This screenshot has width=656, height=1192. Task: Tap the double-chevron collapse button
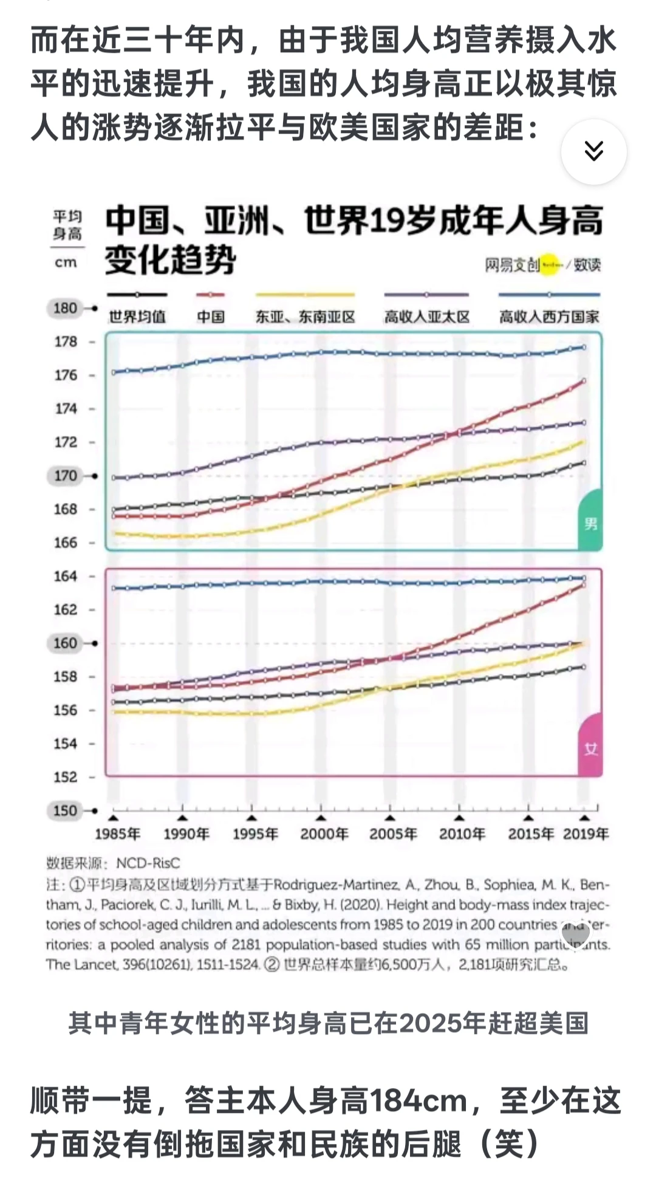pyautogui.click(x=593, y=151)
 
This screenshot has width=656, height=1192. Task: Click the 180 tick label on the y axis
pyautogui.click(x=65, y=308)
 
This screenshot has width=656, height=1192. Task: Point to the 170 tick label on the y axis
pyautogui.click(x=65, y=476)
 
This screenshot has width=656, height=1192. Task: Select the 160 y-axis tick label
pyautogui.click(x=65, y=643)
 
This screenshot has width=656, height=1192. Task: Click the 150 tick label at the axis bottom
pyautogui.click(x=65, y=810)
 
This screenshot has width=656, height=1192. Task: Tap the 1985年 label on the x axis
pyautogui.click(x=117, y=834)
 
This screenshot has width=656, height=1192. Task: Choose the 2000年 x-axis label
pyautogui.click(x=324, y=834)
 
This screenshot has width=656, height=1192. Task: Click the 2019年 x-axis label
pyautogui.click(x=586, y=834)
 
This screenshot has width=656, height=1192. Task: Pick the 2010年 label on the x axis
pyautogui.click(x=462, y=834)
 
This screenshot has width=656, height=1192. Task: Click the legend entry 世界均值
pyautogui.click(x=137, y=317)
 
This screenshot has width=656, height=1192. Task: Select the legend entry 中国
pyautogui.click(x=211, y=317)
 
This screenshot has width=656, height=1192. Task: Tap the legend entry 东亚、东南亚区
pyautogui.click(x=305, y=317)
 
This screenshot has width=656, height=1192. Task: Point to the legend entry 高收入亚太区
pyautogui.click(x=427, y=317)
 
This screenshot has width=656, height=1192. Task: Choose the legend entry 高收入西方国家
pyautogui.click(x=549, y=317)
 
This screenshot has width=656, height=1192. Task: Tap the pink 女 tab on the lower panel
pyautogui.click(x=590, y=748)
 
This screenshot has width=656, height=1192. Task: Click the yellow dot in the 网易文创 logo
pyautogui.click(x=550, y=265)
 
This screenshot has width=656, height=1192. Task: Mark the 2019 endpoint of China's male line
pyautogui.click(x=584, y=381)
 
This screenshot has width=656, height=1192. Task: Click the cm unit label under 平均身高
pyautogui.click(x=66, y=262)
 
